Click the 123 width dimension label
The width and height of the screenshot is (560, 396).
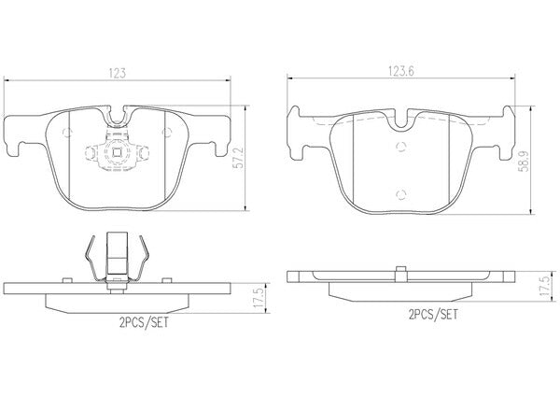pyautogui.click(x=118, y=73)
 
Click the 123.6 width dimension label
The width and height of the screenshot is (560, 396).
pyautogui.click(x=401, y=71)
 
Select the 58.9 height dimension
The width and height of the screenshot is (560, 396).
pyautogui.click(x=525, y=161)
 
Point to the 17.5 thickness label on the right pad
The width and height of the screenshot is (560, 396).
pyautogui.click(x=545, y=285)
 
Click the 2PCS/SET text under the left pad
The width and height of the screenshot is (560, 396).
pyautogui.click(x=144, y=323)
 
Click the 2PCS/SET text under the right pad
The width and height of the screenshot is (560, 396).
pyautogui.click(x=433, y=315)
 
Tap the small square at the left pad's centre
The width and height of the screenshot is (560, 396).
pyautogui.click(x=117, y=152)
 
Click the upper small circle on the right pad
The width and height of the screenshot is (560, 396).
pyautogui.click(x=401, y=147)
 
